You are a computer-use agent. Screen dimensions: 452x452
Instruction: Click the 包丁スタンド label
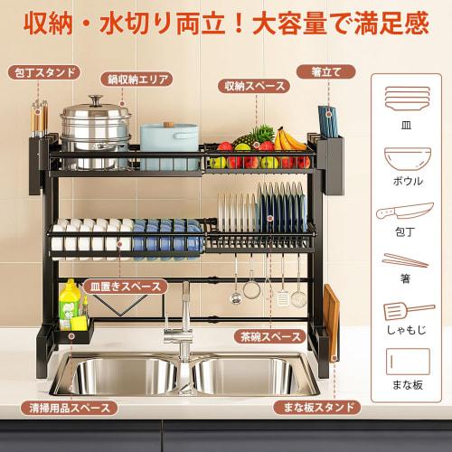pyautogui.click(x=42, y=71)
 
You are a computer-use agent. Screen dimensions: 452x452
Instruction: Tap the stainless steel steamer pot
pyautogui.click(x=95, y=127)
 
